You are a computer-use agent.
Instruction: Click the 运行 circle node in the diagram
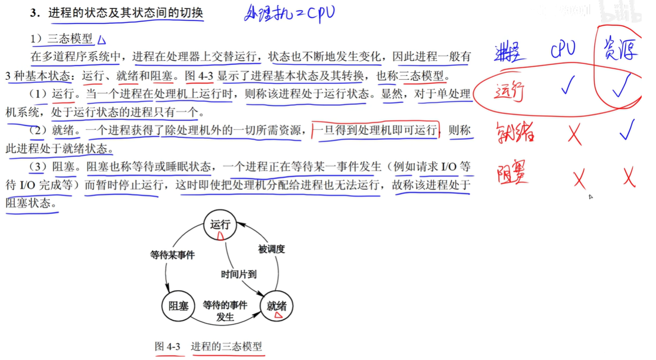220,225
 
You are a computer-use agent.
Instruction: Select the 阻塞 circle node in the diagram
177,305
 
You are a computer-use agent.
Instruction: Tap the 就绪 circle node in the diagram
277,306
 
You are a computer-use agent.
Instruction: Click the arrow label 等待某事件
173,255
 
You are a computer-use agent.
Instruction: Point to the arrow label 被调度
271,249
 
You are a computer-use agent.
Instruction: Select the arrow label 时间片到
239,273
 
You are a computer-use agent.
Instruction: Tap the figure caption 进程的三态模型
227,346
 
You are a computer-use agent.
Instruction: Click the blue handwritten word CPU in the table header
563,50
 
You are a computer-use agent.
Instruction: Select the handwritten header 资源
620,50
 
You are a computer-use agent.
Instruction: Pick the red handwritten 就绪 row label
515,133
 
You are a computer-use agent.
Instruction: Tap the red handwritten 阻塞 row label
510,174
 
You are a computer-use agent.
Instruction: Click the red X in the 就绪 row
574,133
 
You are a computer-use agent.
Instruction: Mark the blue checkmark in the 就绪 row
627,130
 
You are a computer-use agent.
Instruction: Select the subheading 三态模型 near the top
70,39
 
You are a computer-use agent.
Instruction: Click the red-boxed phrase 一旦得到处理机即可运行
375,130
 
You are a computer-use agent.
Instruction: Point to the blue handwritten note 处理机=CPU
289,13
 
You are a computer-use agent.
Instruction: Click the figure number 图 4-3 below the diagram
168,346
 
